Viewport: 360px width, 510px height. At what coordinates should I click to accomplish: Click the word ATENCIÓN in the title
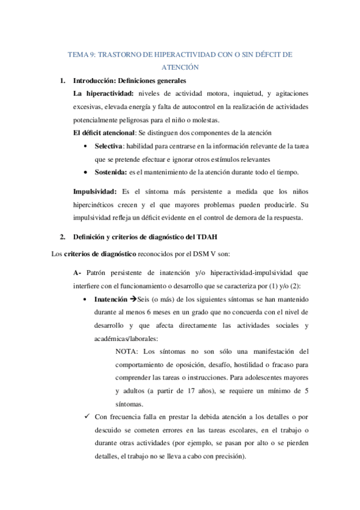coord(180,67)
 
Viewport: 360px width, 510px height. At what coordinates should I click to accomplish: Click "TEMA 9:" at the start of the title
coord(81,54)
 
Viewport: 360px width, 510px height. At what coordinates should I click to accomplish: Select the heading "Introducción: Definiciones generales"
coord(129,81)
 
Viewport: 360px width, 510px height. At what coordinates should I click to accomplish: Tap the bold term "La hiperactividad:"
coord(103,94)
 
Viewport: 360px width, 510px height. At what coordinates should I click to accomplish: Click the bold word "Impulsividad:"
coord(94,191)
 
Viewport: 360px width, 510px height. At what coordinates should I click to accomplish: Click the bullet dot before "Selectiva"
coord(88,146)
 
